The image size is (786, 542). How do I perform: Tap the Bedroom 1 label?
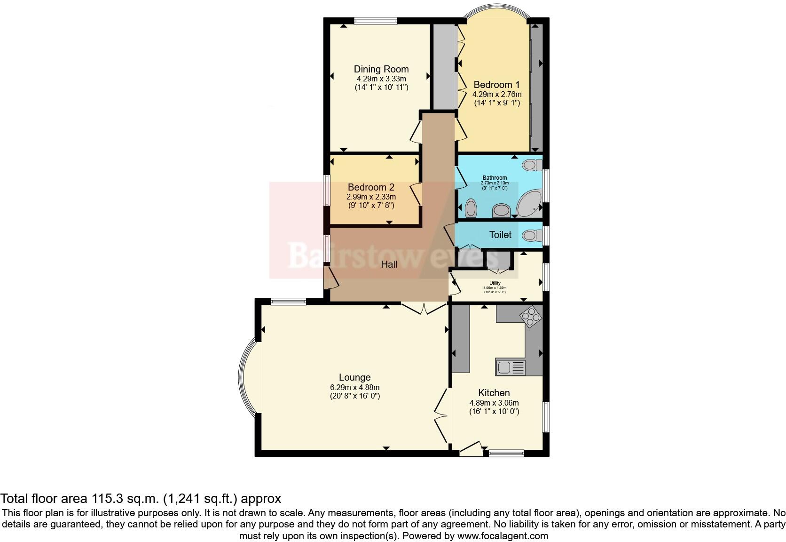tap(496, 85)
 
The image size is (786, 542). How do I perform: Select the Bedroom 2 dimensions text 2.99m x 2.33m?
tap(371, 197)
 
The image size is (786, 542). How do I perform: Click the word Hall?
tap(389, 264)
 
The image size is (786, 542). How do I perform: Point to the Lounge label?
tap(354, 377)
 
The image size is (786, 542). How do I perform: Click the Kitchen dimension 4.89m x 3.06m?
tap(494, 403)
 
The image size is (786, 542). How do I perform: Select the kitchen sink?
tap(510, 367)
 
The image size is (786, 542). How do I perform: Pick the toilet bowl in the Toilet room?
tap(530, 235)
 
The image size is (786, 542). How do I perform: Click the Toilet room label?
tap(500, 235)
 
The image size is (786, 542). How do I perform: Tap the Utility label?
tap(495, 283)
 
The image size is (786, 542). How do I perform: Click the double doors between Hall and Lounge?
tap(424, 309)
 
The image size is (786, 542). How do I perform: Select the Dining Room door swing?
tap(416, 132)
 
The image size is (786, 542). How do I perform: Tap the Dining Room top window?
tap(375, 20)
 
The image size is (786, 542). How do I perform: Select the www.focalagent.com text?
tap(503, 536)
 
